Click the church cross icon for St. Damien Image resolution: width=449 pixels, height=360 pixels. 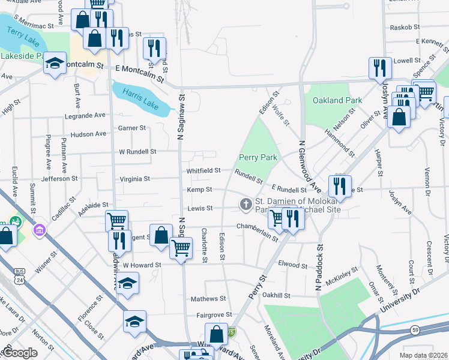click(245, 205)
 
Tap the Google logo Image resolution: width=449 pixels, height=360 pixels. click(20, 353)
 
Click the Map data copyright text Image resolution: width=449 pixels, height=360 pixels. click(423, 355)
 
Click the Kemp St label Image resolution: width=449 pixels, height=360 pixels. click(200, 190)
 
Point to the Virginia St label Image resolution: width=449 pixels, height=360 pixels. click(134, 179)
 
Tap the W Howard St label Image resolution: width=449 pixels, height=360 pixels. click(142, 265)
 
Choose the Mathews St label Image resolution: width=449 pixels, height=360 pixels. click(208, 298)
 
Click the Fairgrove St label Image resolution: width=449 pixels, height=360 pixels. click(214, 314)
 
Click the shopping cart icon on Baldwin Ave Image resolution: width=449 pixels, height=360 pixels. click(116, 220)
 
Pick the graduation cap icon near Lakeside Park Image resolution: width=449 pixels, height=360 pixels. click(55, 63)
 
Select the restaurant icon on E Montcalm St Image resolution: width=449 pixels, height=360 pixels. click(155, 49)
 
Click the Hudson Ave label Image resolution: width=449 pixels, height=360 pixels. click(88, 134)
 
